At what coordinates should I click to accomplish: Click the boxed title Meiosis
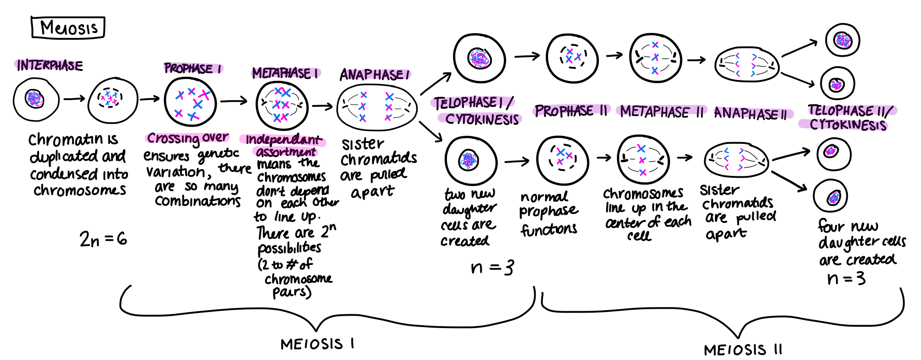(68, 27)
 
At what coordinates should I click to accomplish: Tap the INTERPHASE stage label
(49, 65)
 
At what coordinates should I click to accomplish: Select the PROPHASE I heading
(193, 69)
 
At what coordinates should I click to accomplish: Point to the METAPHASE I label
(285, 73)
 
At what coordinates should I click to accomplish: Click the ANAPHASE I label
(374, 74)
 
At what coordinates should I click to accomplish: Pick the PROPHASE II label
(571, 111)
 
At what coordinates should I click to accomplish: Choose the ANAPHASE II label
(751, 113)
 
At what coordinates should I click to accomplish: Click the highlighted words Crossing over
(188, 138)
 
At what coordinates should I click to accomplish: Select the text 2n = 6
(103, 239)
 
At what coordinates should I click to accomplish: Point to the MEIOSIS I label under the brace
(317, 344)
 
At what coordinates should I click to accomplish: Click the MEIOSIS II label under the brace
(743, 350)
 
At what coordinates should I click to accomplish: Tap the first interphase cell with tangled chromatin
(36, 99)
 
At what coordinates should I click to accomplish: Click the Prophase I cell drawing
(190, 102)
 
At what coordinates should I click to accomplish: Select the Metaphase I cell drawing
(282, 106)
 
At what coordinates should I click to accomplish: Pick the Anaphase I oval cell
(377, 107)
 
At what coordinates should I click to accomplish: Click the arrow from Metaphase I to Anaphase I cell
(322, 106)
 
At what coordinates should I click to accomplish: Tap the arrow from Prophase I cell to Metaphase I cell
(233, 101)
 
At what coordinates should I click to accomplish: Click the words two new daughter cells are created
(468, 217)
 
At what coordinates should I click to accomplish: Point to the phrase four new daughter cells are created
(859, 242)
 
